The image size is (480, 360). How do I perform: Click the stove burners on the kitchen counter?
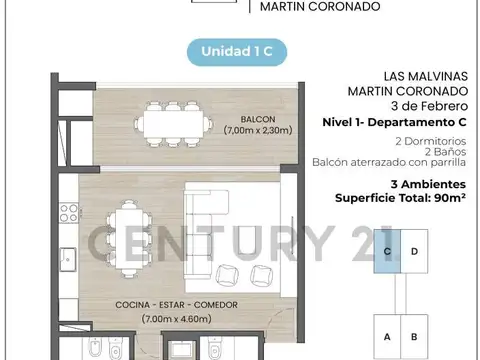pos(70,213)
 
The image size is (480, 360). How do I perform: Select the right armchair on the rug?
pos(260,276)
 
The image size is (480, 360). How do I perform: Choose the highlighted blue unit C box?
pos(387,252)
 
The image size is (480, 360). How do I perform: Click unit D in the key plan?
pos(414,252)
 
